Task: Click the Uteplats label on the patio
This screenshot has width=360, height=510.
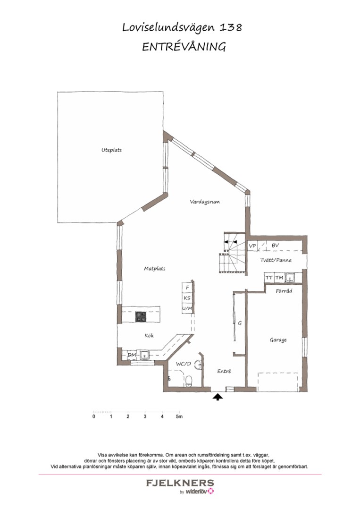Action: coord(111,150)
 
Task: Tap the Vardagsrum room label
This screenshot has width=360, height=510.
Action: coord(205,202)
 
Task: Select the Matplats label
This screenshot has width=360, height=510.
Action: coord(154,269)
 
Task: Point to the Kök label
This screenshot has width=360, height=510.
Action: coord(150,336)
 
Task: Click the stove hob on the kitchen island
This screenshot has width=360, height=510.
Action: coord(141,317)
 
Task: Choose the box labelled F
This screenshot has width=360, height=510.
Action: coord(187,287)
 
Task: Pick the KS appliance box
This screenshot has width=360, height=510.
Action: coord(187,298)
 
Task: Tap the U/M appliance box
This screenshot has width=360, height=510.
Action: coord(187,308)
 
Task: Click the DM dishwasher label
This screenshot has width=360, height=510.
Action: coord(132,355)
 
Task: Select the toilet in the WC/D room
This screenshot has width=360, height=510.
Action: coord(189,381)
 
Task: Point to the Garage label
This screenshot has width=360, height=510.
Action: coord(278,340)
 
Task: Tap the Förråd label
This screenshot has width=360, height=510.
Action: coord(284,291)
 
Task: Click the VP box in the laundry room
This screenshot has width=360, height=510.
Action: coord(252,246)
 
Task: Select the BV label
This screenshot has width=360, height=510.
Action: coord(275,246)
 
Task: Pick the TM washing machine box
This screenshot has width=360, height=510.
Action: coord(279,278)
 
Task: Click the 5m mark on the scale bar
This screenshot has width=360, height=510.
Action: coord(179,416)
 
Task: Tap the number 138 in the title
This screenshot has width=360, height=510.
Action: coord(231,28)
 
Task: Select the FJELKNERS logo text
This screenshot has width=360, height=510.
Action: coord(180,483)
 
